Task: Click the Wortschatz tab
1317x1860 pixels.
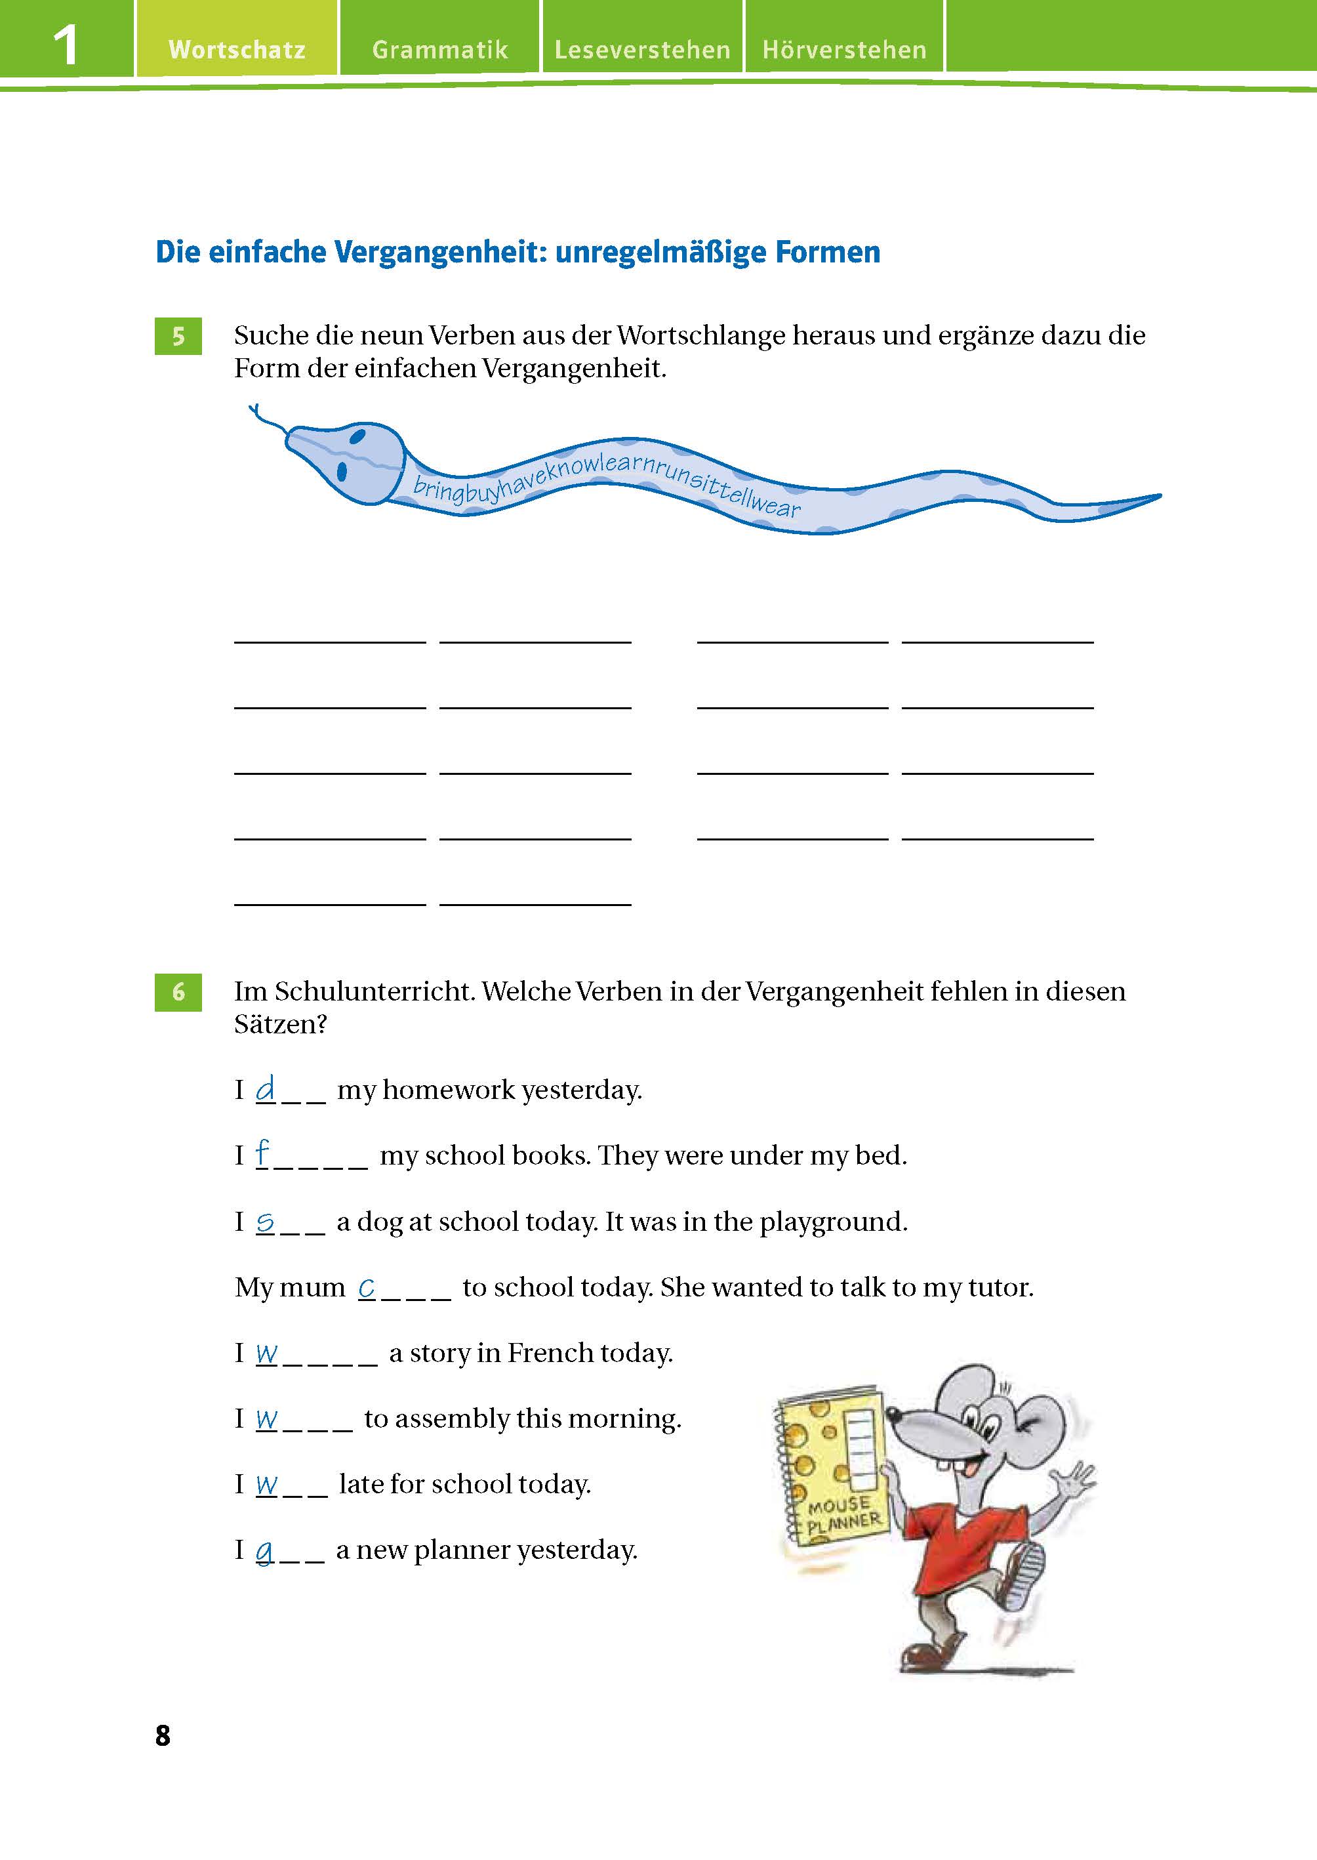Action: (237, 49)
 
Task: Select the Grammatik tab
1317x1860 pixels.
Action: (439, 49)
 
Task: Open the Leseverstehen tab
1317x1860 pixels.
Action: (642, 49)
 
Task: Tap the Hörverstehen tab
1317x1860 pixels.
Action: (844, 49)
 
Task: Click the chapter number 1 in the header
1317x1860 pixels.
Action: (65, 45)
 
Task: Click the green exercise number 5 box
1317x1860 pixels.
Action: (178, 336)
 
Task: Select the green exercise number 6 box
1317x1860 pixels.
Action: (178, 991)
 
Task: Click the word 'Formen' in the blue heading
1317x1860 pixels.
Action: (827, 253)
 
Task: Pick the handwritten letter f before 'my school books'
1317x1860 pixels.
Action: (262, 1153)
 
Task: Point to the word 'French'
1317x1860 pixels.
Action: (548, 1353)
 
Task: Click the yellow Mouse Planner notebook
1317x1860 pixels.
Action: (831, 1468)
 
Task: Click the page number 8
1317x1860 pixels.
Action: (163, 1735)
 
